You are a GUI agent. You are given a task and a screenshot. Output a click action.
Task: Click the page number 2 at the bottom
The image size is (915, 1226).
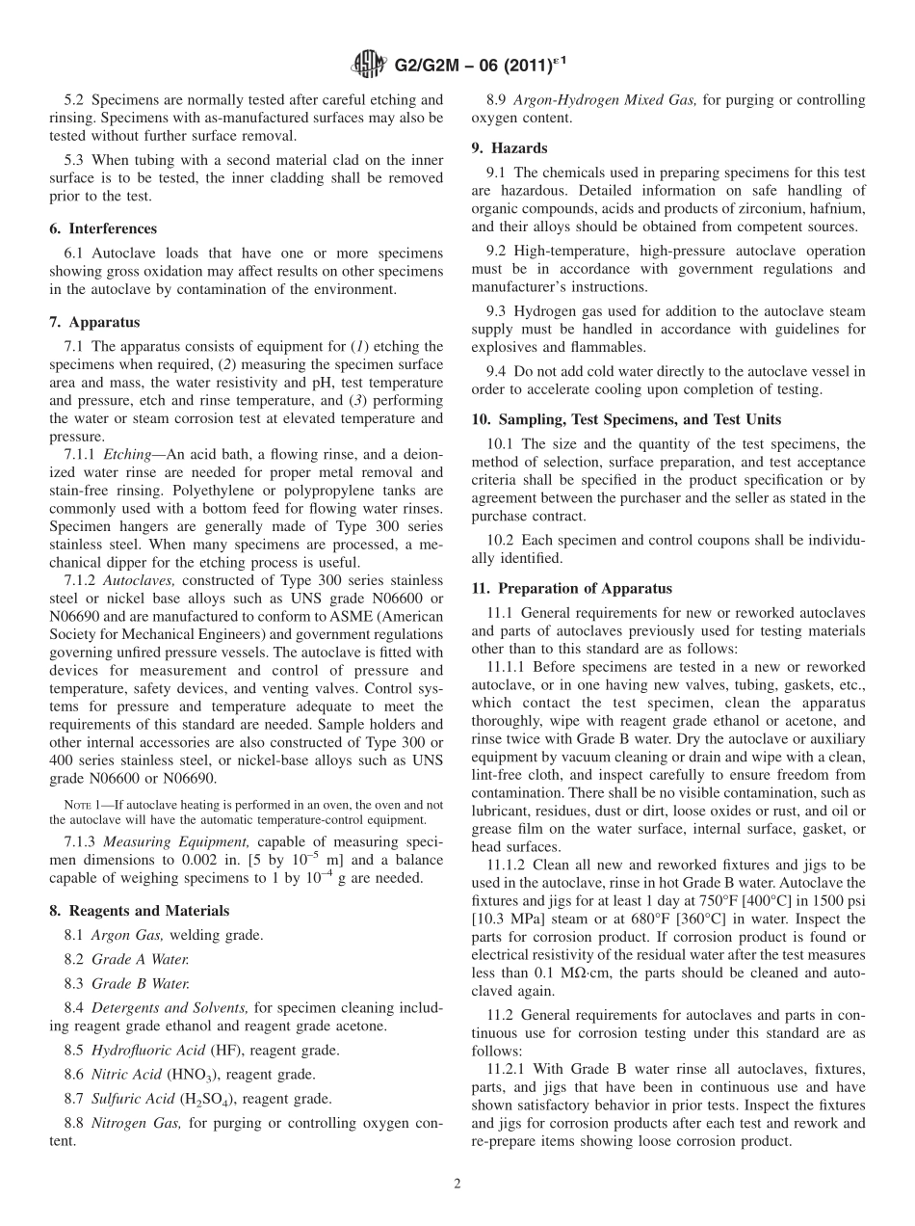tap(457, 1183)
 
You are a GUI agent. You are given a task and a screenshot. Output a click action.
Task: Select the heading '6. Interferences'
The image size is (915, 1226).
tap(103, 229)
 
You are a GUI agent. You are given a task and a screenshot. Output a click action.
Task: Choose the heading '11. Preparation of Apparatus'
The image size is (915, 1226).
tap(571, 588)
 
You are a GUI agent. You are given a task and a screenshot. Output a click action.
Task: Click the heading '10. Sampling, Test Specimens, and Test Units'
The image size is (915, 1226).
tap(626, 419)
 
